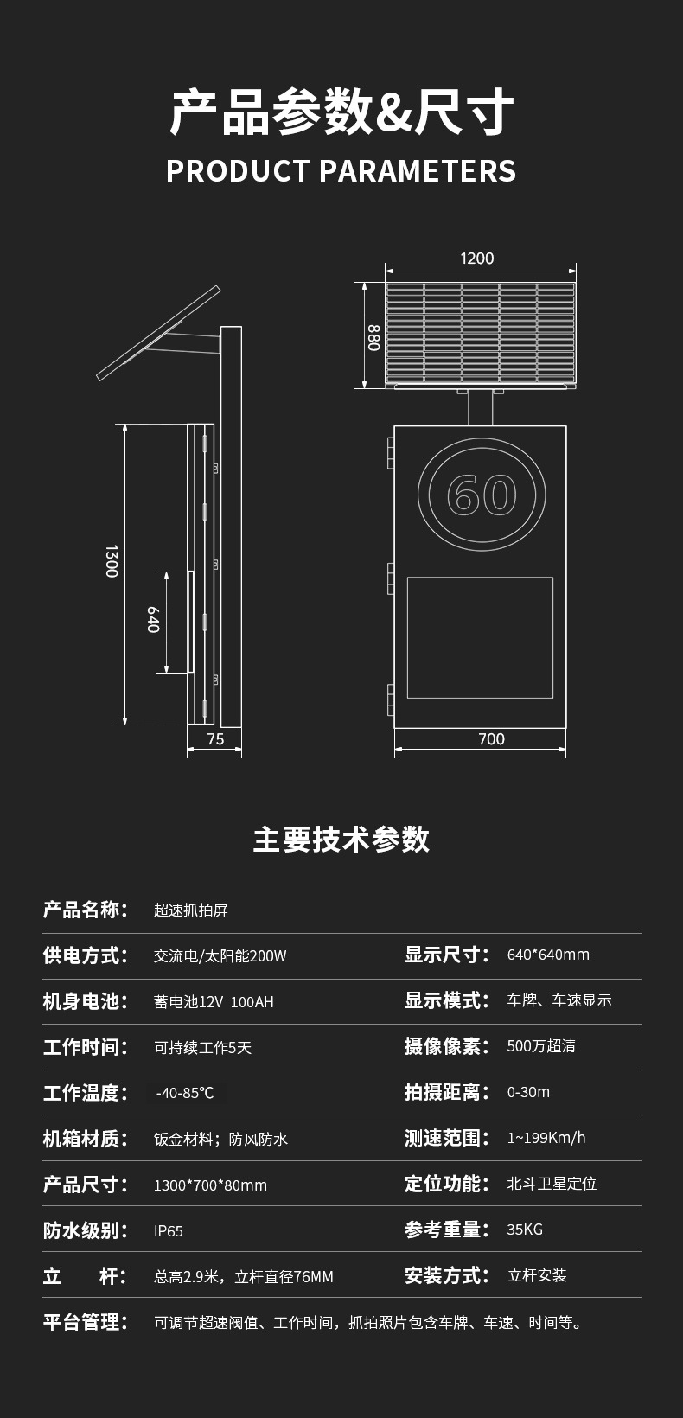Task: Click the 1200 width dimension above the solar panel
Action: coord(476,259)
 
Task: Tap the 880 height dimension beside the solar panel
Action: coord(373,337)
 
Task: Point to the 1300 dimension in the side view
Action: coord(112,561)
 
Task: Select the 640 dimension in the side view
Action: coord(153,619)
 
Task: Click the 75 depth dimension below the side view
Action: coord(215,738)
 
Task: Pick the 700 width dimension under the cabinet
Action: coord(491,738)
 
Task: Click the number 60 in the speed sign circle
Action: coord(482,495)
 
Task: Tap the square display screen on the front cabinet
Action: coord(480,637)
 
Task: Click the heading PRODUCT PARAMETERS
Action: coord(341,171)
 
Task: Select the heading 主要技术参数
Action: coord(341,839)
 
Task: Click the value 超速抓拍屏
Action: coord(191,910)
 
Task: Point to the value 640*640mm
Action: coord(548,955)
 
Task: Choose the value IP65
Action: coord(169,1230)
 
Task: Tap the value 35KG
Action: coord(525,1229)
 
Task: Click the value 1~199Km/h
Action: coord(546,1137)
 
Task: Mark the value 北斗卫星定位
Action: coord(552,1183)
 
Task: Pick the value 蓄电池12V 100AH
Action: coord(214,1001)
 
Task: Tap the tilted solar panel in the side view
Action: coord(159,333)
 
